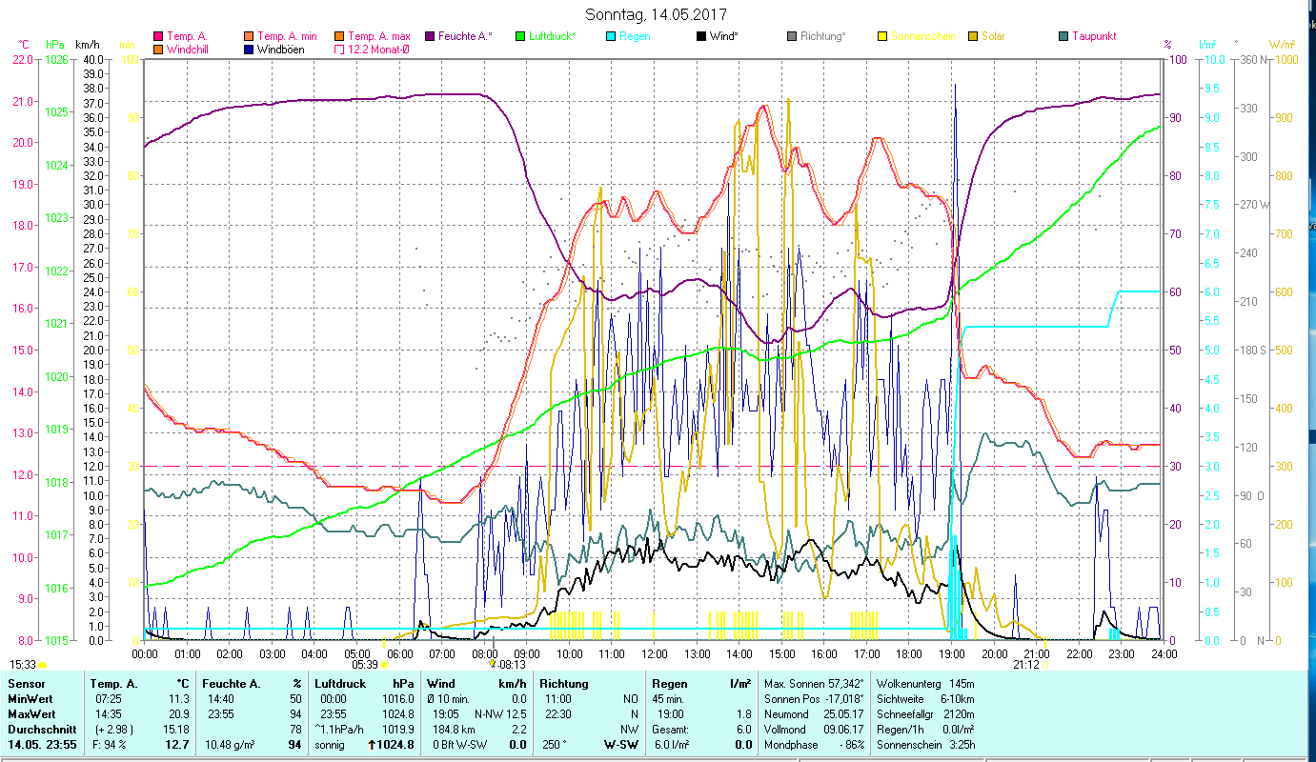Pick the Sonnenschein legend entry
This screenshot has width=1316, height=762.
[x=922, y=36]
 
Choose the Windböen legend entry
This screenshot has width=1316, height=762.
[x=280, y=49]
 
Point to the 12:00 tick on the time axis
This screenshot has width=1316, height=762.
[x=655, y=653]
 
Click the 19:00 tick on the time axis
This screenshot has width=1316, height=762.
[x=952, y=653]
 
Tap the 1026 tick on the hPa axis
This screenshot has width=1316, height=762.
[x=57, y=59]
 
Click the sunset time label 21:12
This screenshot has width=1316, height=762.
[x=1026, y=665]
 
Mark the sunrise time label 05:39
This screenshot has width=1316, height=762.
[x=365, y=665]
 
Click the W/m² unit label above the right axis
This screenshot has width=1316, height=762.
[x=1282, y=44]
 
